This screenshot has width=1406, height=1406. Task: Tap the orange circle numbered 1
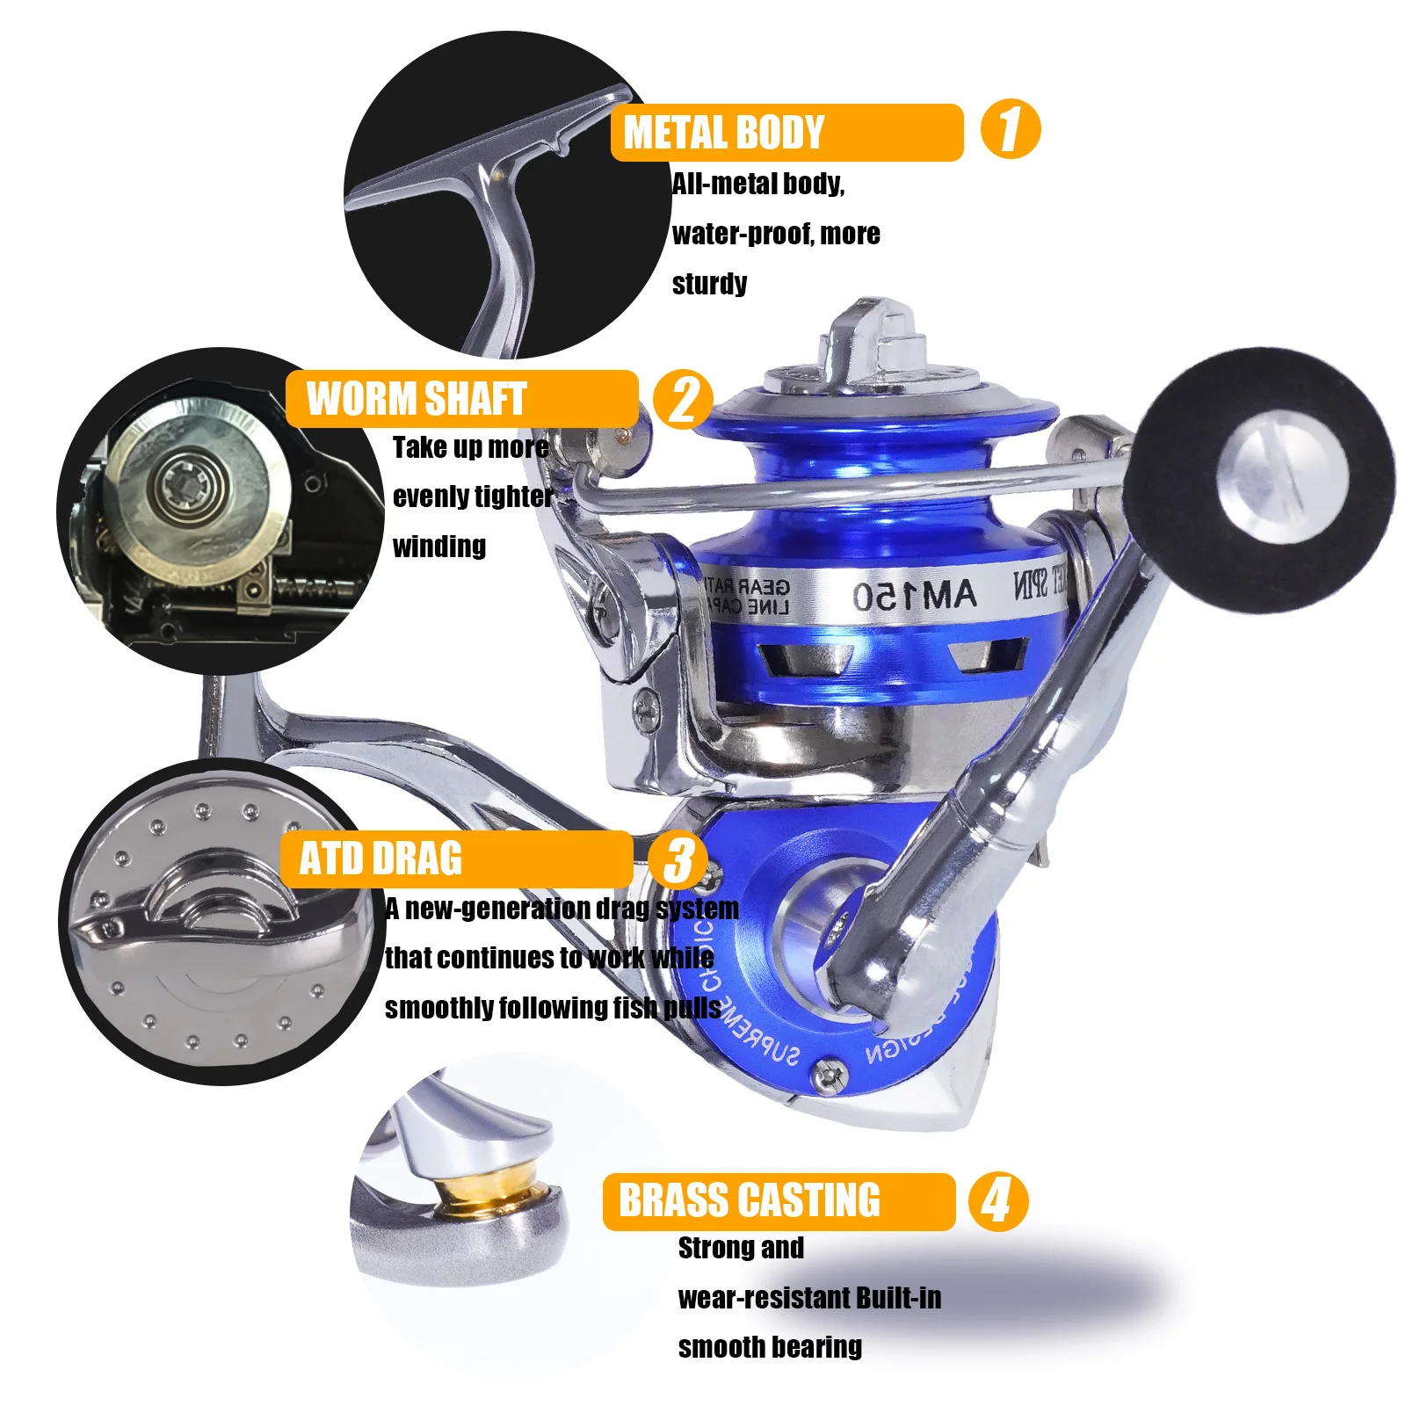(x=1010, y=129)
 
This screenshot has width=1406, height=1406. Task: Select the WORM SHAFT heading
(x=416, y=399)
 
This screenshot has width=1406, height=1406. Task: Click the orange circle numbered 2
(x=683, y=400)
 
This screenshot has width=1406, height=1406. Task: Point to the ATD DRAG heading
(x=380, y=859)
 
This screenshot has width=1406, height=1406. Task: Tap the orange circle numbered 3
(x=678, y=860)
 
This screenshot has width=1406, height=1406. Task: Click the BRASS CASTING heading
(x=749, y=1200)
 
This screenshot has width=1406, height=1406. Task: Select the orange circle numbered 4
(x=997, y=1200)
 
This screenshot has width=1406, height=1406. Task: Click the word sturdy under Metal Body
(x=709, y=284)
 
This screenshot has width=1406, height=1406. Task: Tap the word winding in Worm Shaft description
(x=438, y=546)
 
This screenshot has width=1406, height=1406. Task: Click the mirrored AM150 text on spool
(x=914, y=597)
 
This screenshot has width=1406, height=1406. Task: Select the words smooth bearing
(x=769, y=1346)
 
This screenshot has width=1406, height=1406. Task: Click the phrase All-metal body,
(x=757, y=184)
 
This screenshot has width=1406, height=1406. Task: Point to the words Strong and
(x=740, y=1247)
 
